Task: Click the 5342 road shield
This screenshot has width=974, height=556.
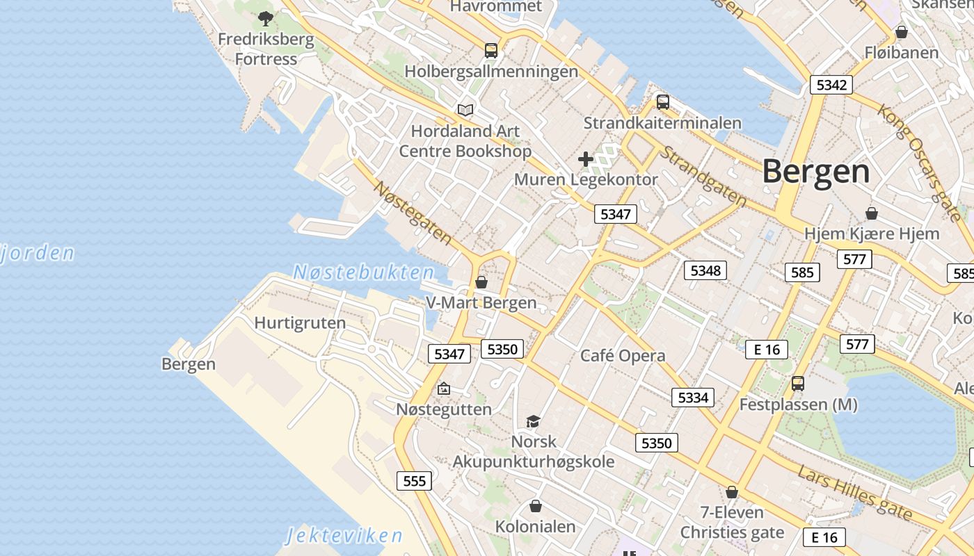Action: click(831, 85)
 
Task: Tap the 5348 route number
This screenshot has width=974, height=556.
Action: click(705, 270)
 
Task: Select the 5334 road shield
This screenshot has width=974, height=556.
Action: click(692, 397)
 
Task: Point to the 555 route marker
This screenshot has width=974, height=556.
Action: click(414, 480)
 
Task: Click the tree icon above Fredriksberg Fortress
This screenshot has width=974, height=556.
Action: click(265, 19)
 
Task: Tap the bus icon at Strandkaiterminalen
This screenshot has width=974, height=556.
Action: click(663, 102)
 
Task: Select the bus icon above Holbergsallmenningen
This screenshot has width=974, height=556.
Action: click(491, 50)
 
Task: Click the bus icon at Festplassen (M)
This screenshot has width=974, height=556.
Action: click(798, 383)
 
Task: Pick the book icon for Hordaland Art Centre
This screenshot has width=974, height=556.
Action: click(465, 110)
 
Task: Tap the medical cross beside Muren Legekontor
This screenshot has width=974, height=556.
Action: click(586, 159)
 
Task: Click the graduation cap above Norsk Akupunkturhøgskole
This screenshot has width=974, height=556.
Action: click(534, 421)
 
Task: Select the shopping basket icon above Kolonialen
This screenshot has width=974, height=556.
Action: click(536, 506)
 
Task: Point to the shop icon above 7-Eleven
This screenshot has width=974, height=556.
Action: click(732, 492)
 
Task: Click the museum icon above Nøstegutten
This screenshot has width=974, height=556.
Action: click(444, 389)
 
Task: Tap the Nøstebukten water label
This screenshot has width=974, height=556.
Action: click(363, 272)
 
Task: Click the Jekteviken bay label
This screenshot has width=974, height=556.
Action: click(344, 535)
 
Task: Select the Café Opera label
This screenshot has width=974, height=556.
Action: click(623, 356)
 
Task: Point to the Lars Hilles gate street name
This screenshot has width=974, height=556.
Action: click(854, 492)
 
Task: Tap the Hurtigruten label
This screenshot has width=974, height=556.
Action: click(300, 323)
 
